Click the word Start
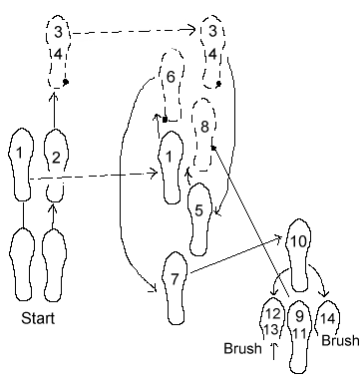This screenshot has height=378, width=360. [38, 318]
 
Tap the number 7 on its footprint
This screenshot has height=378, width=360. [175, 279]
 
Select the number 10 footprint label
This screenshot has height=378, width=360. [298, 241]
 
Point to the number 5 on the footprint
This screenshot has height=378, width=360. [198, 210]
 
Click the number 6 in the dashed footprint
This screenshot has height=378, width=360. [171, 77]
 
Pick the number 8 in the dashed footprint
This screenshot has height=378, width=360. [204, 127]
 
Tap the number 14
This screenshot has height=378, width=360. [327, 318]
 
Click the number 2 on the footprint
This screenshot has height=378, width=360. [56, 158]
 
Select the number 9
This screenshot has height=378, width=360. [299, 316]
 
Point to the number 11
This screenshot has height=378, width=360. [299, 333]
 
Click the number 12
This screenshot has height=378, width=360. [272, 313]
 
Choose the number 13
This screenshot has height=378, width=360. [271, 329]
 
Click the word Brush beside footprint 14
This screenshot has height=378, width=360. [340, 341]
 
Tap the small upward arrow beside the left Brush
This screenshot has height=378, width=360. [274, 351]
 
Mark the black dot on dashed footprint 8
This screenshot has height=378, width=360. [213, 148]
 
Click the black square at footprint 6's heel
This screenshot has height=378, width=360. [165, 120]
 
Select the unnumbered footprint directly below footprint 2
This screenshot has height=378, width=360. [54, 264]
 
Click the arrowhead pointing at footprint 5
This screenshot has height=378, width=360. [217, 211]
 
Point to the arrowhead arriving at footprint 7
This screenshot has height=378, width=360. [154, 289]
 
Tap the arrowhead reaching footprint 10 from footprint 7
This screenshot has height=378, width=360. [280, 237]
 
